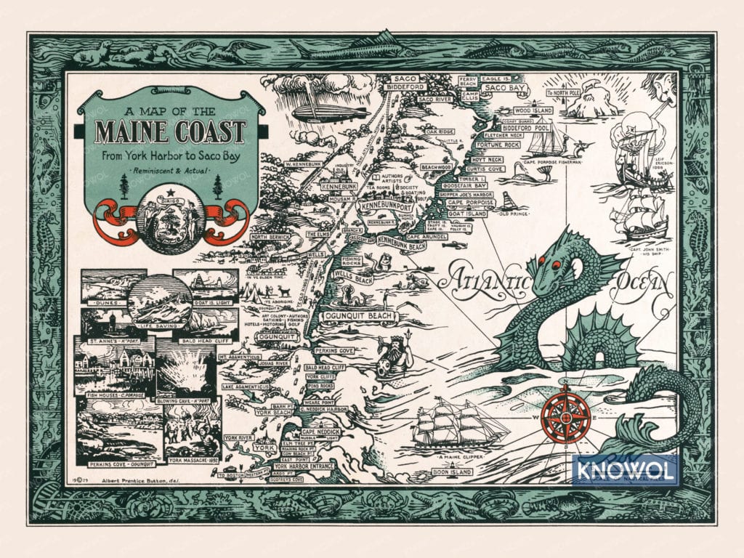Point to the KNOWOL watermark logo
tap(625, 469)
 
